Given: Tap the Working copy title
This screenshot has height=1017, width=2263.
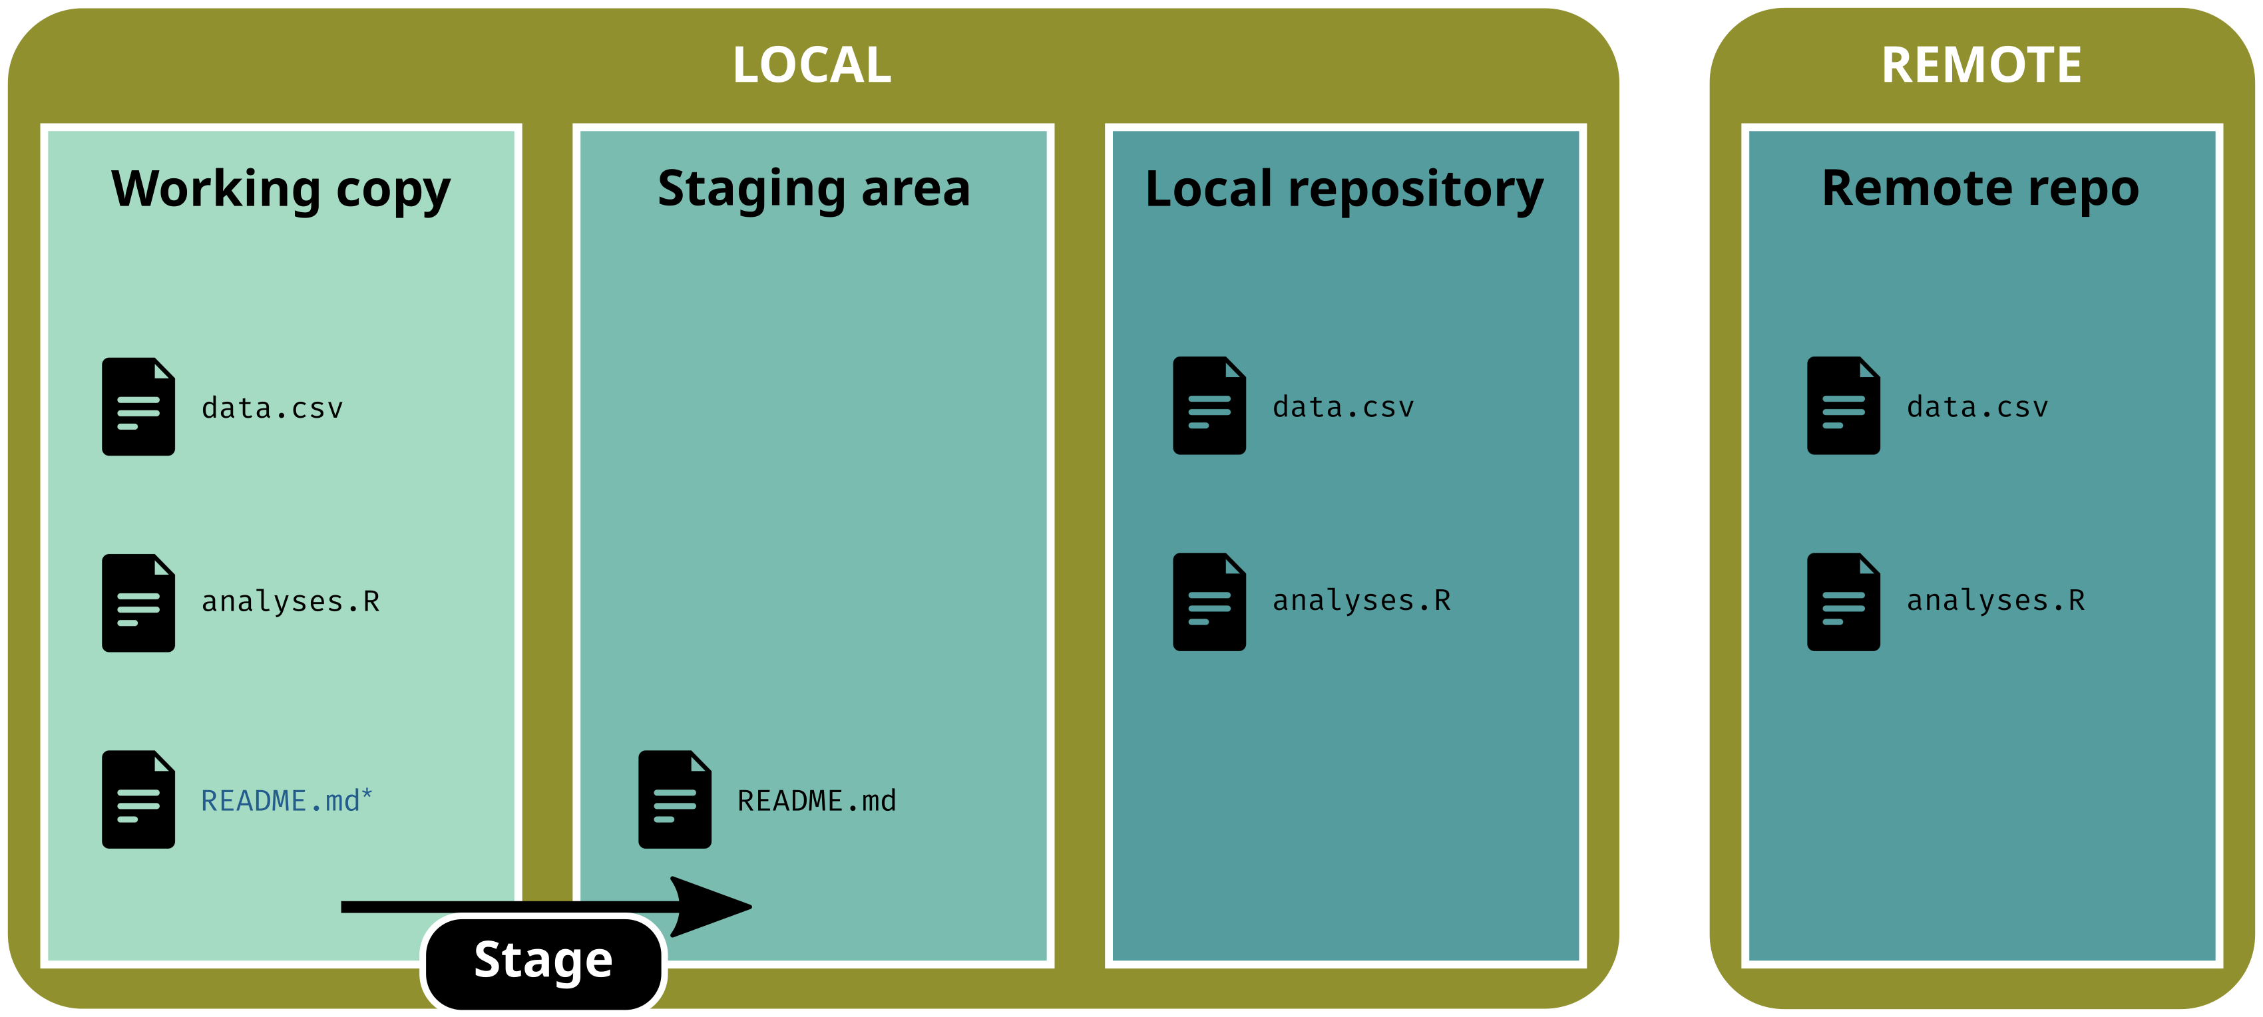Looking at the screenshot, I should point(280,190).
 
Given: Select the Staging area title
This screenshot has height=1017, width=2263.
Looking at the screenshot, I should point(813,190).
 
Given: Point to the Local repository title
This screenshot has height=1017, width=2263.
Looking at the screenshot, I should point(1344,190).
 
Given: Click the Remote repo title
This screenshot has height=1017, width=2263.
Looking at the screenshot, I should point(1980,190).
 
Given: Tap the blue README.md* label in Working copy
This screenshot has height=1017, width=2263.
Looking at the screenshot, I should point(286,801).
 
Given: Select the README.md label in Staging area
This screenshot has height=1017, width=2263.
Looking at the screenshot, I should point(816,801).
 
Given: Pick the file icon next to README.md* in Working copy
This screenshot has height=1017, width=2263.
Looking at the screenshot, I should point(138,799).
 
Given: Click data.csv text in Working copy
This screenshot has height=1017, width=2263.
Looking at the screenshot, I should point(272,408).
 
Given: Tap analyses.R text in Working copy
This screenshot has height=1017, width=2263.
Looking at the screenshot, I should point(290,601).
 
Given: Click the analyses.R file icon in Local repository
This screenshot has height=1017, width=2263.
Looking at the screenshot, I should point(1209,601).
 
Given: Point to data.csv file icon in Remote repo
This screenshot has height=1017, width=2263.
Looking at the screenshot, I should point(1843,406).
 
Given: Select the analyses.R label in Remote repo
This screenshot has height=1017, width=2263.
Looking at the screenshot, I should point(1995,601).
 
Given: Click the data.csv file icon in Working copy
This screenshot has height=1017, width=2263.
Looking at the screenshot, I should point(138,406).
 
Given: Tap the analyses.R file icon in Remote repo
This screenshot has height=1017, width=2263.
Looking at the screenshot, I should point(1843,601).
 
